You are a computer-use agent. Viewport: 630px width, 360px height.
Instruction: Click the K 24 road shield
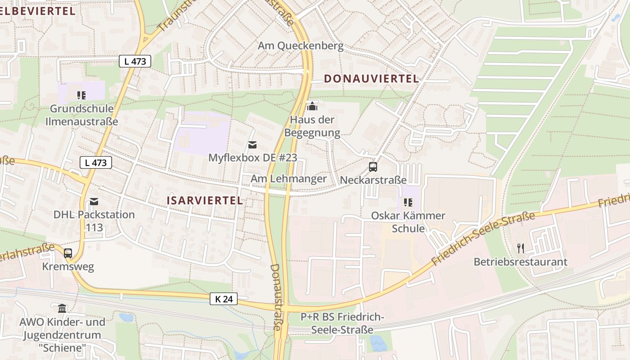tap(223, 298)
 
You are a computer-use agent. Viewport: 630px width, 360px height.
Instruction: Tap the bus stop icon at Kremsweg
tap(68, 253)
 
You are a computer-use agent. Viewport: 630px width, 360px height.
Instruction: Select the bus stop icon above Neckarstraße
tap(373, 167)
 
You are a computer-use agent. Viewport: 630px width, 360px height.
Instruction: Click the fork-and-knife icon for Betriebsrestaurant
tap(521, 248)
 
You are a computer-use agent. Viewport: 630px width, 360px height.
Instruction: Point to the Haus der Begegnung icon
tap(312, 106)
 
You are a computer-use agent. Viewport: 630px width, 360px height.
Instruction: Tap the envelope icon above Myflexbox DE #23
tap(252, 144)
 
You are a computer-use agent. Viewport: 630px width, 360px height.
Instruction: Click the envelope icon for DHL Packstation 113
tap(94, 201)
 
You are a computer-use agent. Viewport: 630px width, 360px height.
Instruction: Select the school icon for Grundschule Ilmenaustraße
tap(81, 95)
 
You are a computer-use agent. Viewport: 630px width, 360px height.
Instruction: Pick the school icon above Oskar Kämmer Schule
tap(408, 202)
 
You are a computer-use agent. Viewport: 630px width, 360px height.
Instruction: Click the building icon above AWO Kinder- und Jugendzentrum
tap(62, 309)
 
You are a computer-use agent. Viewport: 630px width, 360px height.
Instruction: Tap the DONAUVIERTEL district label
tap(371, 79)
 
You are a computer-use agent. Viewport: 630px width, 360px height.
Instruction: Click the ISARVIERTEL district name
tap(205, 201)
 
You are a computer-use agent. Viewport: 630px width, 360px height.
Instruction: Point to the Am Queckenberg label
tap(300, 46)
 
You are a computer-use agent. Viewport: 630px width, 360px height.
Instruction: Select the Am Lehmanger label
tap(288, 179)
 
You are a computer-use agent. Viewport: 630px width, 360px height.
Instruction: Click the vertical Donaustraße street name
tap(276, 297)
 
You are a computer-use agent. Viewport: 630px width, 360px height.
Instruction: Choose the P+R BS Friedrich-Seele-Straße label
tap(342, 324)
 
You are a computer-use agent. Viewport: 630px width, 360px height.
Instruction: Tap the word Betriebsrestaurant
tap(520, 262)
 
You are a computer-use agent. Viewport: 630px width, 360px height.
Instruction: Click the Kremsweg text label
tap(68, 266)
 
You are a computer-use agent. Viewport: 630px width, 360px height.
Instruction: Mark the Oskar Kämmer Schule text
tap(408, 222)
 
